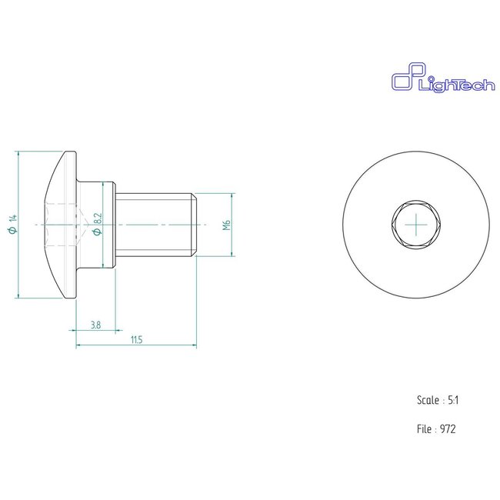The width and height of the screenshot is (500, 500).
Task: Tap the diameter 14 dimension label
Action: point(12,225)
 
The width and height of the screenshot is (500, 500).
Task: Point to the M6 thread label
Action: point(225,225)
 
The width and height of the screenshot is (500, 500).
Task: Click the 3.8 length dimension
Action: point(95,325)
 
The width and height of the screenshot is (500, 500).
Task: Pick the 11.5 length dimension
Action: point(136,339)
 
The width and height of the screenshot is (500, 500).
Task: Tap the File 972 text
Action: point(436,429)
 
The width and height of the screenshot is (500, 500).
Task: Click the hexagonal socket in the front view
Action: point(416,224)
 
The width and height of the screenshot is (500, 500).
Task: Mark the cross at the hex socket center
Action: point(416,224)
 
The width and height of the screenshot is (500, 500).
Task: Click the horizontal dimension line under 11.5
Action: point(136,345)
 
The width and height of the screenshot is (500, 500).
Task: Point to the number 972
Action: point(448,429)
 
